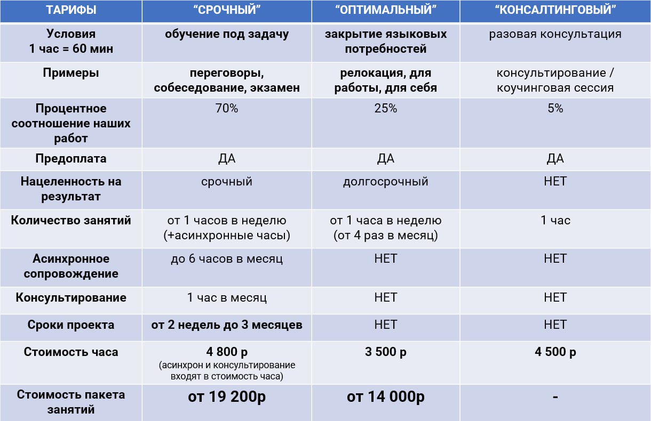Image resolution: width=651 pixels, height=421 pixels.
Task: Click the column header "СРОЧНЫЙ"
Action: (x=227, y=10)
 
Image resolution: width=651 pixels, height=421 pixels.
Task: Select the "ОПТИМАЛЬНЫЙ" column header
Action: (x=385, y=10)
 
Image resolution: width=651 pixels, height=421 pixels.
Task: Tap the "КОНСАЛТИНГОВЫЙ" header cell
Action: (x=555, y=10)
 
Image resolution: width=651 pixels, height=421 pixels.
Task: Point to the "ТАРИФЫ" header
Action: (x=71, y=10)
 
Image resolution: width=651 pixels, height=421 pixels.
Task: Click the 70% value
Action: (x=227, y=109)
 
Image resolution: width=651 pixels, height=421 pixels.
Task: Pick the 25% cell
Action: (x=385, y=109)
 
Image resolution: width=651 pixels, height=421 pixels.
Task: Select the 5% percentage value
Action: (x=555, y=109)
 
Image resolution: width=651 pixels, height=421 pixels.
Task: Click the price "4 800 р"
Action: (x=227, y=353)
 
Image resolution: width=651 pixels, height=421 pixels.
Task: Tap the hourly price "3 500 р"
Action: (x=385, y=352)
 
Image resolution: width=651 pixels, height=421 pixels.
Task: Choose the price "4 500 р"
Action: (x=555, y=352)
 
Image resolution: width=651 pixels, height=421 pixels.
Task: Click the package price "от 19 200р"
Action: (x=227, y=397)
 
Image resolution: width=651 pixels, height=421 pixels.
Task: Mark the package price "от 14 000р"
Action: (x=385, y=397)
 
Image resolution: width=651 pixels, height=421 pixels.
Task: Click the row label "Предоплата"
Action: (x=71, y=159)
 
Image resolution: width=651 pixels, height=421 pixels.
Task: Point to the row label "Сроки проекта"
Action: (x=71, y=325)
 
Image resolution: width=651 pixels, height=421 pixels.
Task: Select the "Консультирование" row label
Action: (x=71, y=297)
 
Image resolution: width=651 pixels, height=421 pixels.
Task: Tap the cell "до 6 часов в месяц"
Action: (x=227, y=259)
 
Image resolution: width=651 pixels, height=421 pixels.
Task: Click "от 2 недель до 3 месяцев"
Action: (x=227, y=325)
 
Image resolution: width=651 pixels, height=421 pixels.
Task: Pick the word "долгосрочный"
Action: (x=385, y=182)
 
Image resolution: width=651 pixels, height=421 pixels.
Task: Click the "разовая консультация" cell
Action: (x=555, y=34)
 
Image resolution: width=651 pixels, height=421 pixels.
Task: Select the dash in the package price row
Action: (x=555, y=397)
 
